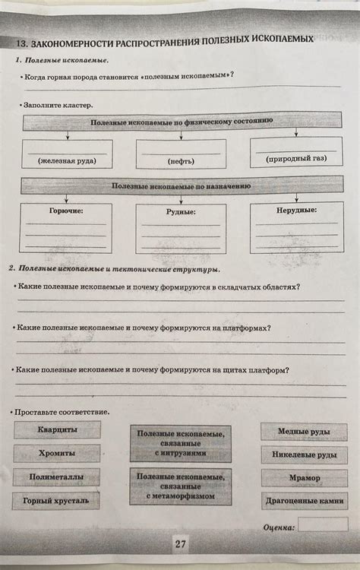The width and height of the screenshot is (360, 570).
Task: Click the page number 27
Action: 181,544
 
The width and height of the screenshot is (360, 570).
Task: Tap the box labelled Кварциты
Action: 57,430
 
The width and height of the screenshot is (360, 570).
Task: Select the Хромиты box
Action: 56,454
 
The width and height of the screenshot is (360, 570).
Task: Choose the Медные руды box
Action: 303,432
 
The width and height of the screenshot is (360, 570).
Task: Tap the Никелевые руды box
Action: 304,455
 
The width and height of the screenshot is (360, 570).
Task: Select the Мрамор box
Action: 304,478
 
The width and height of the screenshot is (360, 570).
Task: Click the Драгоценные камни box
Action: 304,502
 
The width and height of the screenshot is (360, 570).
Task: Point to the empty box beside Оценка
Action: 323,524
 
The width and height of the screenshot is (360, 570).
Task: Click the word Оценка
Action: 279,525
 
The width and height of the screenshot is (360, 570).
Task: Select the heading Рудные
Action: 181,212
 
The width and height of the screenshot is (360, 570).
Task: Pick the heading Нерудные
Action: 296,209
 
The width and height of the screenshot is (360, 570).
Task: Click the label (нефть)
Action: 181,162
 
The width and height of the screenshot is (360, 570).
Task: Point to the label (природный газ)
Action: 295,160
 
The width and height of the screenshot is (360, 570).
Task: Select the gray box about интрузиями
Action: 180,443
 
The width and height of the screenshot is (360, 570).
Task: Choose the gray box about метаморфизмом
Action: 180,486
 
